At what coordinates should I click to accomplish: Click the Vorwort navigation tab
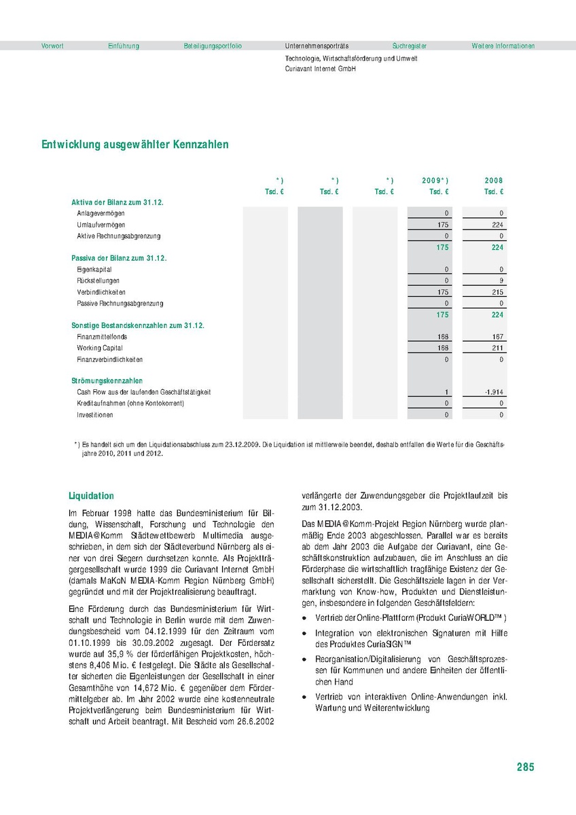[52, 46]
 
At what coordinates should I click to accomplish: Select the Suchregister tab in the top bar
[410, 46]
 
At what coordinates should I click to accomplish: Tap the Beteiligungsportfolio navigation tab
[213, 46]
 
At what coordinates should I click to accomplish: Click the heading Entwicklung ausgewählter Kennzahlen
[135, 145]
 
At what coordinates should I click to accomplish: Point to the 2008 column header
[494, 181]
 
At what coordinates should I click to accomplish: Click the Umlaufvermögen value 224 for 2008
[497, 225]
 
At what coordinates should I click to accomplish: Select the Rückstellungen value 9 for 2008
[501, 280]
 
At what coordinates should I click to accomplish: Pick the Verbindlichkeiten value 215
[497, 292]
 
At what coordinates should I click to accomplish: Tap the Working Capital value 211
[497, 348]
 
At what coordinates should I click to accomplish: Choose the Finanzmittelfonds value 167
[497, 337]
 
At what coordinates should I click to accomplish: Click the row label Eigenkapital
[94, 270]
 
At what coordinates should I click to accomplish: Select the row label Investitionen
[95, 415]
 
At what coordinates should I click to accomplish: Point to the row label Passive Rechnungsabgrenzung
[120, 303]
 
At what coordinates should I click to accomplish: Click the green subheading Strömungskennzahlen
[107, 381]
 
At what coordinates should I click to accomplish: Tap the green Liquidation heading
[92, 496]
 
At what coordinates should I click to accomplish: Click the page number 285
[525, 767]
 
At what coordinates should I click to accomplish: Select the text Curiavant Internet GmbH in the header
[321, 69]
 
